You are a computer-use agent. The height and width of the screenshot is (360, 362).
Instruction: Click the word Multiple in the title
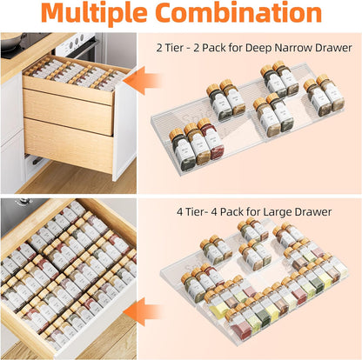95,16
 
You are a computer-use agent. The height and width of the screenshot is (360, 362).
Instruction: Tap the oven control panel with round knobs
78,41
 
